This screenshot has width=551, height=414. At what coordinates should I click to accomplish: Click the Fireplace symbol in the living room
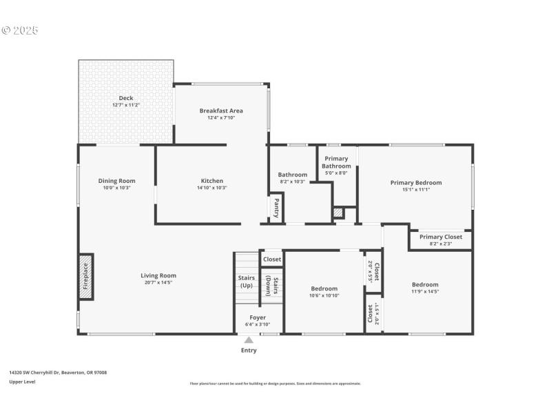click(x=86, y=277)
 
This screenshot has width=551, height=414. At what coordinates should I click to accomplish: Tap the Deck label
click(x=126, y=98)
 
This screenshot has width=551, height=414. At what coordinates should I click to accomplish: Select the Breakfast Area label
click(x=221, y=110)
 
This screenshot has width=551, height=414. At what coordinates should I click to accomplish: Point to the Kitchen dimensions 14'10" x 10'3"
click(x=211, y=188)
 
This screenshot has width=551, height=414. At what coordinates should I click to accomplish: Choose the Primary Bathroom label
click(x=336, y=162)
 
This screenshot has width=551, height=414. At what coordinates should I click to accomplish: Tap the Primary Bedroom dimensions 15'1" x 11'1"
click(x=415, y=190)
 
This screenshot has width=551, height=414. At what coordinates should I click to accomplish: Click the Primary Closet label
click(x=441, y=237)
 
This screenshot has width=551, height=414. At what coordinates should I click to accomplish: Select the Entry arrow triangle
click(x=249, y=339)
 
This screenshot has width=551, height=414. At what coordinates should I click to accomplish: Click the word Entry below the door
click(x=249, y=351)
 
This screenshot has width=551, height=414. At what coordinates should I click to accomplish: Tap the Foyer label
click(x=258, y=317)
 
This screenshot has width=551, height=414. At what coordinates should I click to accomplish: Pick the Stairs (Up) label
click(x=246, y=282)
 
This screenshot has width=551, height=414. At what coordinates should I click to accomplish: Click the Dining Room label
click(x=116, y=181)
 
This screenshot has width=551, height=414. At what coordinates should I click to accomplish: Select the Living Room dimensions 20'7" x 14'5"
click(x=158, y=282)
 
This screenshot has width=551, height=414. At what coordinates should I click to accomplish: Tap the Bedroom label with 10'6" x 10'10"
click(x=324, y=288)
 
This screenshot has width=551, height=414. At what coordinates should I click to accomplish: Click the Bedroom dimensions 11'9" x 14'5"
click(x=425, y=291)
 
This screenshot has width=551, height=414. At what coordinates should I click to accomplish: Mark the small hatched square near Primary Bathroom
click(x=337, y=213)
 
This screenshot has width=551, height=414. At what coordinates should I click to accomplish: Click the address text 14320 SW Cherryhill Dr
click(x=41, y=373)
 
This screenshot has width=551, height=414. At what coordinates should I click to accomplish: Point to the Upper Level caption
click(x=22, y=382)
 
